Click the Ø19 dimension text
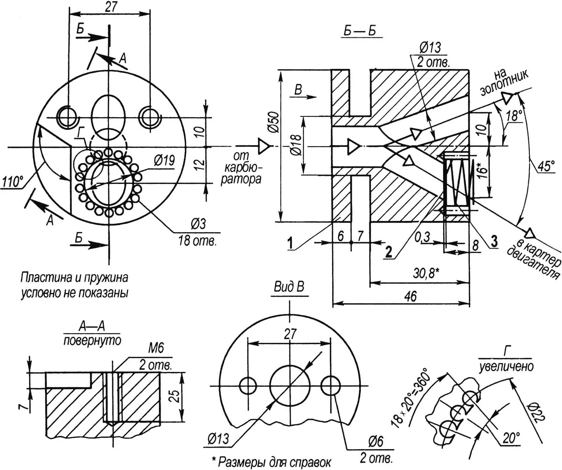click(164, 161)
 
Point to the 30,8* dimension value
click(426, 273)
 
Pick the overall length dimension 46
click(410, 296)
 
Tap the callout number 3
click(494, 241)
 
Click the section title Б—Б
click(360, 31)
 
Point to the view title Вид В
click(289, 287)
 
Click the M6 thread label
click(156, 348)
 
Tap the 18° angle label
click(514, 116)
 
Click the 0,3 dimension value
click(422, 237)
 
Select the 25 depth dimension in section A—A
click(175, 396)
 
